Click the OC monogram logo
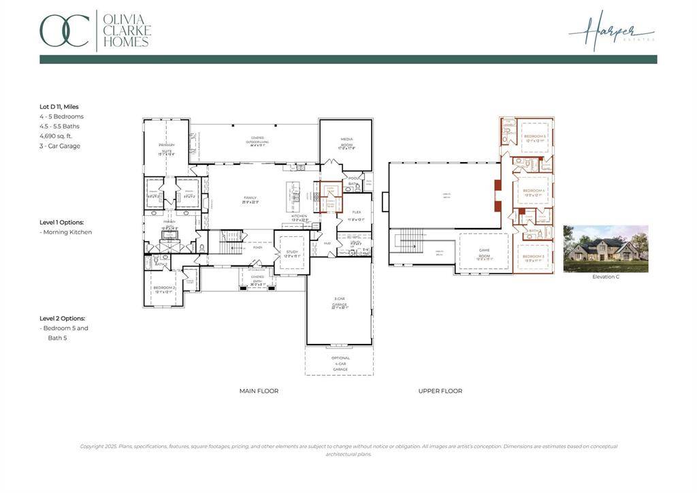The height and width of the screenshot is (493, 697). [x=65, y=31]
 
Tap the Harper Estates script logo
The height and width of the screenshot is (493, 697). [x=611, y=31]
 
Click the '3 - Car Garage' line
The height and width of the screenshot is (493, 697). [x=60, y=146]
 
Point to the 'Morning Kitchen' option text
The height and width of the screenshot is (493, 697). [x=67, y=232]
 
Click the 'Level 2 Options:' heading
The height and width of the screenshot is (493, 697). [x=62, y=318]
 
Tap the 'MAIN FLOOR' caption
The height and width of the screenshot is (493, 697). [x=259, y=391]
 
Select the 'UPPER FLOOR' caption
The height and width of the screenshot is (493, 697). [x=440, y=391]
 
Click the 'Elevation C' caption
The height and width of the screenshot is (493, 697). [x=606, y=276]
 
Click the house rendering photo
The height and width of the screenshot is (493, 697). [x=606, y=249]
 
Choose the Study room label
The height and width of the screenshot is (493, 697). [x=292, y=253]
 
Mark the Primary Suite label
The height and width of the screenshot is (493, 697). [x=167, y=149]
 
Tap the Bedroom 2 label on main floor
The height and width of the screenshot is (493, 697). [x=164, y=289]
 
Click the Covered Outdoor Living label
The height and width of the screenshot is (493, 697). [x=257, y=140]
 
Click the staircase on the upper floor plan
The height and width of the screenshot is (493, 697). [x=410, y=240]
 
